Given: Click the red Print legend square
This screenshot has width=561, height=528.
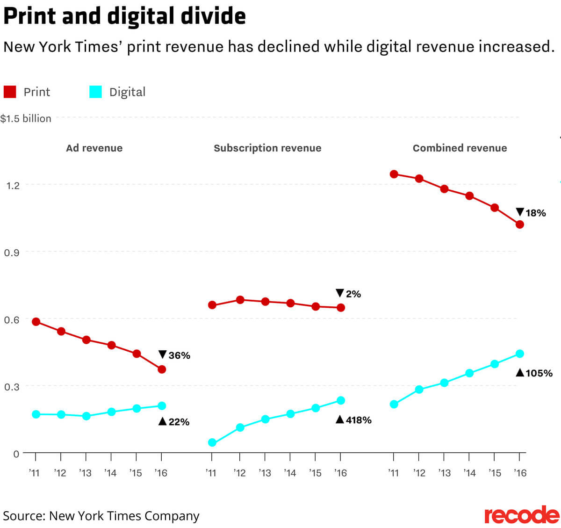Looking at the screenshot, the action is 10,92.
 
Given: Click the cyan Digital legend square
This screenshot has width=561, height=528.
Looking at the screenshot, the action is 95,92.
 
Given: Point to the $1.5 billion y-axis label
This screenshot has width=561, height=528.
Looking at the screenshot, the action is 26,118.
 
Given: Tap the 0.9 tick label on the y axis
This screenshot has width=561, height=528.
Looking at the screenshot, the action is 12,253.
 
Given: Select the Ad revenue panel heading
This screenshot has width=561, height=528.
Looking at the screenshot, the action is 94,148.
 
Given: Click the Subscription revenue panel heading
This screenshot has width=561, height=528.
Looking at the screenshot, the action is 267,148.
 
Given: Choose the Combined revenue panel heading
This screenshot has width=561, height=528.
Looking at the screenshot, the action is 460,148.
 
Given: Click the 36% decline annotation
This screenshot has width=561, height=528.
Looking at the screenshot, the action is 174,355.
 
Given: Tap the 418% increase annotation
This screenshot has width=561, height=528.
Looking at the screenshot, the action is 353,420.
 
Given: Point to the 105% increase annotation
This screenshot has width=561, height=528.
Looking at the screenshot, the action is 534,373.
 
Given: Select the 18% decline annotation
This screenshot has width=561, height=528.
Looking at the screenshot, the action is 531,213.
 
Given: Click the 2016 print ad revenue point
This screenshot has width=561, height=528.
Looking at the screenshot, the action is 162,369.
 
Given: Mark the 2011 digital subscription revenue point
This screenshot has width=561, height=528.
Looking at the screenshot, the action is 212,442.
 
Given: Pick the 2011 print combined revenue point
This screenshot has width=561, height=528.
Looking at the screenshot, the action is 394,174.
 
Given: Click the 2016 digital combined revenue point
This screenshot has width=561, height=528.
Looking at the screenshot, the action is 520,354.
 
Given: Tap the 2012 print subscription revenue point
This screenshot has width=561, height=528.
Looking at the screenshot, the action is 240,300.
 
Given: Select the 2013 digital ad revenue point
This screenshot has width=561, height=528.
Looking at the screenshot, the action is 86,416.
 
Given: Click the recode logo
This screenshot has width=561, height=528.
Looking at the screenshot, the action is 522,515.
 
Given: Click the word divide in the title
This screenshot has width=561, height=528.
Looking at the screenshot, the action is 213,16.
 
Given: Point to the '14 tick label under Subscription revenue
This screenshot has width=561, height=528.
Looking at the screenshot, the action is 290,473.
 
